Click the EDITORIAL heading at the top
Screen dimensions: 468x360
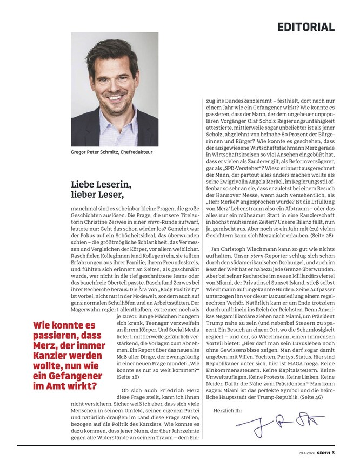tap(306, 26)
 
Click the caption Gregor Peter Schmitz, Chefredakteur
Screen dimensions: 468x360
tap(111, 152)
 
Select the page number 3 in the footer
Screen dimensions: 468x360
tap(334, 453)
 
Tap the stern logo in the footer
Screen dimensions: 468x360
tap(323, 453)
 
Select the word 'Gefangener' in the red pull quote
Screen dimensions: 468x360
tap(72, 376)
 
